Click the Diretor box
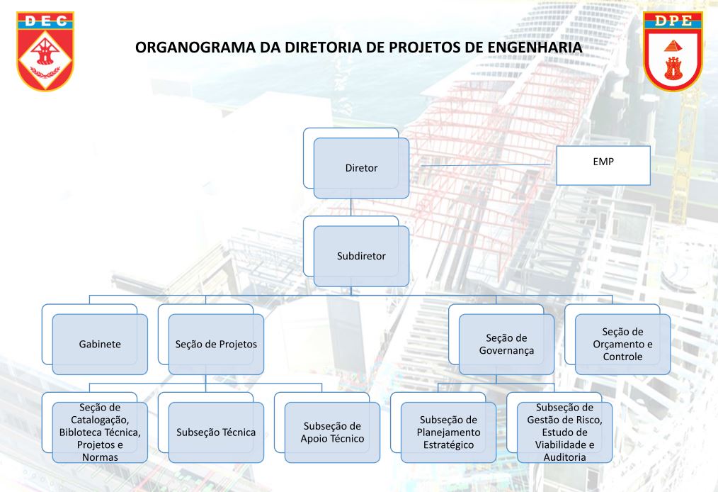[x=361, y=168]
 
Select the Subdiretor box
[x=361, y=256]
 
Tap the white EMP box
[x=603, y=165]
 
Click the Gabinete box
[x=100, y=344]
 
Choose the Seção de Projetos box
[x=216, y=344]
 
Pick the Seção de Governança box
[x=506, y=344]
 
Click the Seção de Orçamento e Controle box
[x=622, y=344]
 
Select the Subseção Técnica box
[x=216, y=432]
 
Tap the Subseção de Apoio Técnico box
[x=332, y=432]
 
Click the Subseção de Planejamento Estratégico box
[x=449, y=432]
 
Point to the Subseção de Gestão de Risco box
[x=564, y=432]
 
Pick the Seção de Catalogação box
[x=100, y=432]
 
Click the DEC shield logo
[x=45, y=51]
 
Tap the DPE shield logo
[x=673, y=51]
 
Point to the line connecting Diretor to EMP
[x=485, y=164]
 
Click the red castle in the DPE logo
[x=673, y=69]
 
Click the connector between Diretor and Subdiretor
[x=351, y=207]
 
